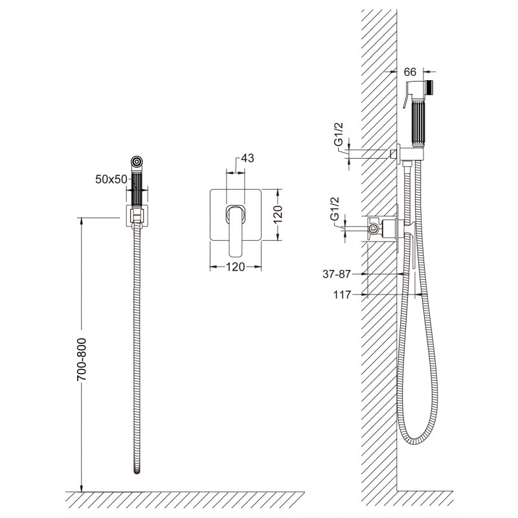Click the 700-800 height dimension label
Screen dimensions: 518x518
pos(82,359)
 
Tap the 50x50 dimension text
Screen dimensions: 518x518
pos(111,179)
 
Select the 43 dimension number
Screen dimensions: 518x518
pos(247,158)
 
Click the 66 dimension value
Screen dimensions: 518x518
pos(410,72)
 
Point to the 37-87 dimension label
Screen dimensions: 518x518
pos(336,274)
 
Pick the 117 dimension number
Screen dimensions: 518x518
pos(342,295)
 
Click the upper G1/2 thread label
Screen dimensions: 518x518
pos(339,134)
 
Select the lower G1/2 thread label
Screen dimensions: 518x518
pos(335,208)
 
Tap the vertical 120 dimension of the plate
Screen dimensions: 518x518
pos(278,214)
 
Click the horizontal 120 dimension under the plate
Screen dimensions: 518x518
pos(235,267)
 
